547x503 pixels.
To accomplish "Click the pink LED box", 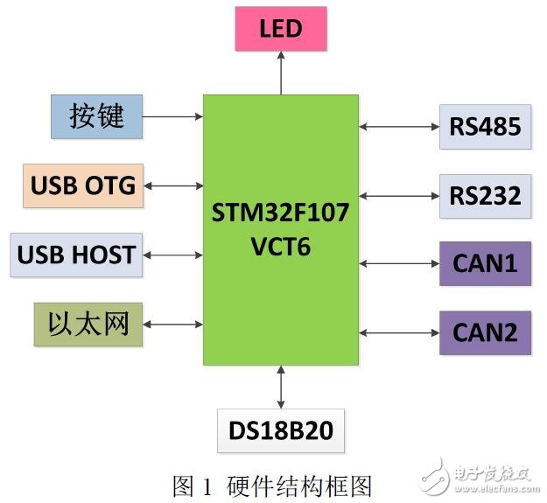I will (280, 29).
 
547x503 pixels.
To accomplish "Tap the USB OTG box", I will (83, 185).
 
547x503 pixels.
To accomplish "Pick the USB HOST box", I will (76, 255).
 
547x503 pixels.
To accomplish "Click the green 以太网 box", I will (88, 325).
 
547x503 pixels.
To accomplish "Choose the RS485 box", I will (485, 126).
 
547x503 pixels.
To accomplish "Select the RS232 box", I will (485, 195).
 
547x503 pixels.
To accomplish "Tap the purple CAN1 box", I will (485, 263).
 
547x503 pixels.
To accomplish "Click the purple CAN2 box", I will (485, 332).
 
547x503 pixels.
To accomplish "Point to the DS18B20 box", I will (281, 430).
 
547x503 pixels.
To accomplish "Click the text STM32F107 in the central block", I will (280, 213).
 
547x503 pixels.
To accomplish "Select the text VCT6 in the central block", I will (280, 247).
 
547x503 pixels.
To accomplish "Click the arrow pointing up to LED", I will (281, 72).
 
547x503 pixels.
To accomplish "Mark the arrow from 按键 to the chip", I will (172, 115).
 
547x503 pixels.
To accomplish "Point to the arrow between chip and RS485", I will (398, 127).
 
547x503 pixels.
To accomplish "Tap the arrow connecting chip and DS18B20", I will (281, 387).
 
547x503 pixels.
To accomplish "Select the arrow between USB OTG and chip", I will (172, 185).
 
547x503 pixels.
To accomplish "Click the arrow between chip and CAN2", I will (398, 332).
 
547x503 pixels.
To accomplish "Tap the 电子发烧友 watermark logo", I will (477, 477).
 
